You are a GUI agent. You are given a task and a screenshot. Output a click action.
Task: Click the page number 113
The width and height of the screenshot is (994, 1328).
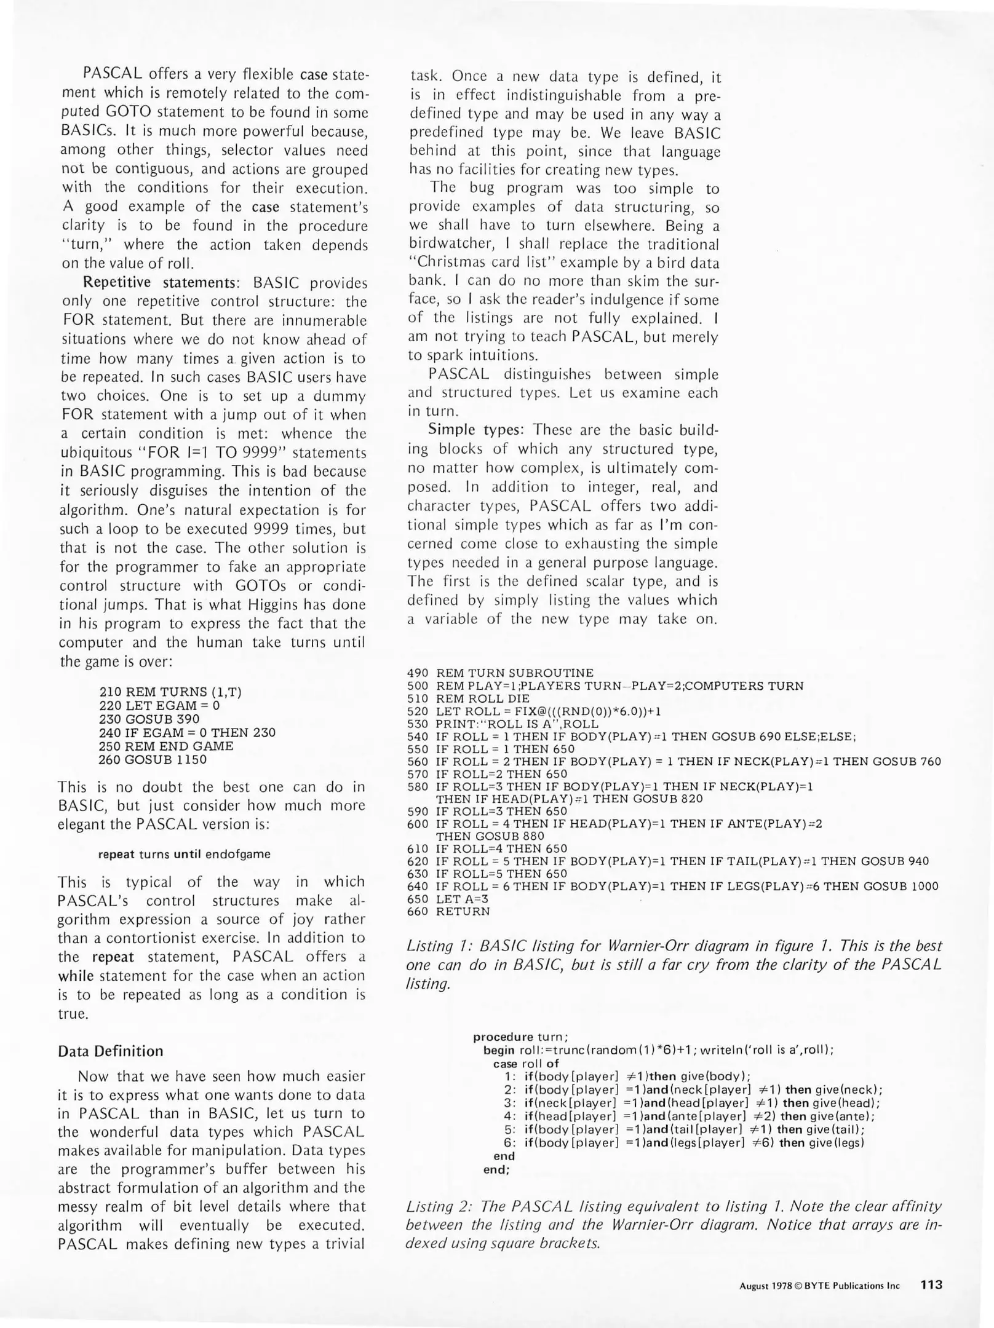tap(931, 1284)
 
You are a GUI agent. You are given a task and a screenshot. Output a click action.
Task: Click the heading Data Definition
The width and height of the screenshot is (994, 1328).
tap(111, 1051)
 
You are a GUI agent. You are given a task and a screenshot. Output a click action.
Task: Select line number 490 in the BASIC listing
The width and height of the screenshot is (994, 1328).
tap(418, 673)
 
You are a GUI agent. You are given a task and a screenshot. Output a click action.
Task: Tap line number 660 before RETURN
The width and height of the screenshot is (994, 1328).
tap(418, 911)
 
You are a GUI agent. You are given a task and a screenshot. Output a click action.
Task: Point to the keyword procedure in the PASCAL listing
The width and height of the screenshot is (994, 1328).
tap(503, 1037)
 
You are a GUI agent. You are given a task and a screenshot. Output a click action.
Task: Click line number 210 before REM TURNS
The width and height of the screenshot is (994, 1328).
tap(109, 692)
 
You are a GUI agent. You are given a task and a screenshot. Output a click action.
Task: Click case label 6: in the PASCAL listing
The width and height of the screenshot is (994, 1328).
tap(509, 1142)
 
